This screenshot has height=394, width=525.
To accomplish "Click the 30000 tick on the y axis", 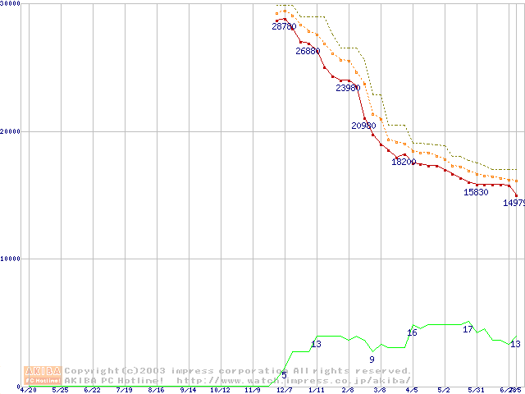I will click(11, 4).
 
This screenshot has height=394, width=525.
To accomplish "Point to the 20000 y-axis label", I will click(11, 131).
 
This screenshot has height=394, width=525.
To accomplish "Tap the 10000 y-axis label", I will click(11, 259).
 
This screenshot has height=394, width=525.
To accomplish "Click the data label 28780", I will click(284, 27).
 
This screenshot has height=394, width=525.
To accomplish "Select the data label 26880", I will click(308, 51).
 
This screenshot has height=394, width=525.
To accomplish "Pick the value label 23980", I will click(348, 88).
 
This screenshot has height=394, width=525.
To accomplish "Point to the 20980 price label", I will click(363, 126).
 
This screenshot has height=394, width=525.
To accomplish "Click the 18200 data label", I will click(404, 162).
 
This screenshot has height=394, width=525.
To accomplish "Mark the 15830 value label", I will click(476, 192).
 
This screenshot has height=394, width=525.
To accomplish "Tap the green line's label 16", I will click(412, 332).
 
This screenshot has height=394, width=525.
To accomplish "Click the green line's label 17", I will click(468, 329).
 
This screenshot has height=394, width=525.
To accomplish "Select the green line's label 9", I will click(372, 360).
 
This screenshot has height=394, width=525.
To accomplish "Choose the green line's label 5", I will click(284, 375).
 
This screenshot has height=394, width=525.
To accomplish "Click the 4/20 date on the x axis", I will click(28, 390).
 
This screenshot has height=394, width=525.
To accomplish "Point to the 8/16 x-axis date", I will click(156, 390).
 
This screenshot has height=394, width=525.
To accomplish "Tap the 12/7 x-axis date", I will click(284, 390).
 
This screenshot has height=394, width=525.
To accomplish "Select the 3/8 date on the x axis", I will click(380, 390).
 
